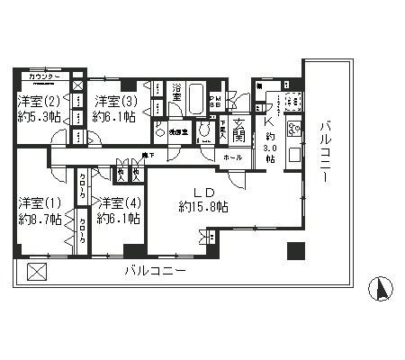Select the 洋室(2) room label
[x=38, y=102]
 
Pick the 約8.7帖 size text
[x=37, y=218]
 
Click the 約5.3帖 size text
[x=38, y=118]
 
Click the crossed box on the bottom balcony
[x=35, y=272]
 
